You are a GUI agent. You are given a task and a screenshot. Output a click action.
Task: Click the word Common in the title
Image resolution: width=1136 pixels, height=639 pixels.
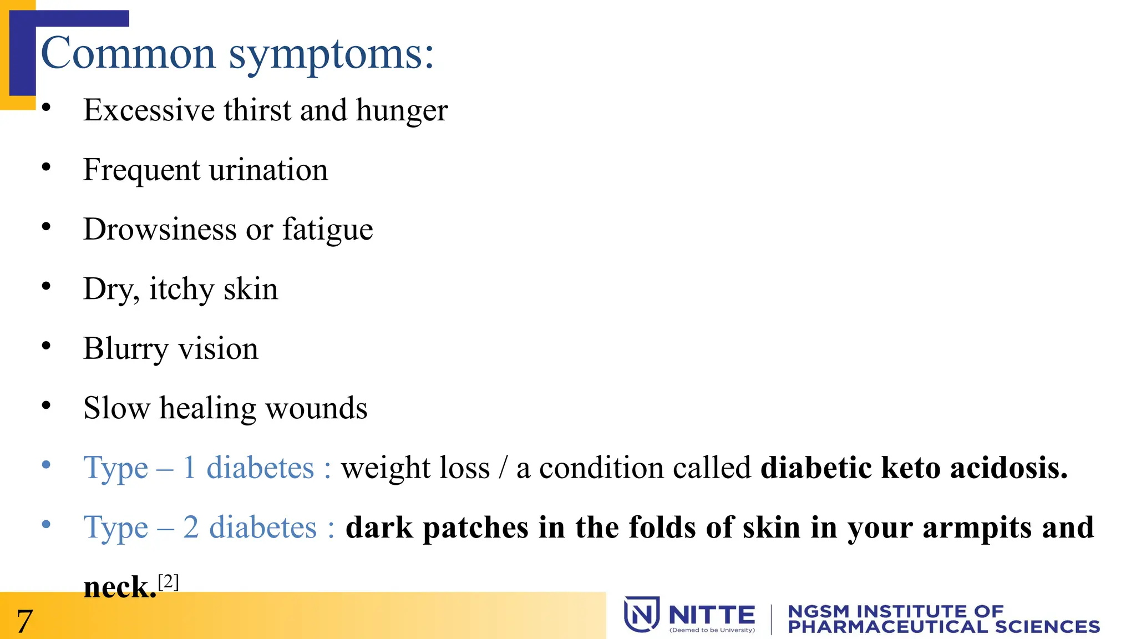[x=128, y=54]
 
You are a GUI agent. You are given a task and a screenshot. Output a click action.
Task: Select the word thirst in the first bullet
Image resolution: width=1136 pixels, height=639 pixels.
[x=257, y=110]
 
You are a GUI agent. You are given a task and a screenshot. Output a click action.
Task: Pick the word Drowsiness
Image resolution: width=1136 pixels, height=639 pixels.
[x=160, y=229]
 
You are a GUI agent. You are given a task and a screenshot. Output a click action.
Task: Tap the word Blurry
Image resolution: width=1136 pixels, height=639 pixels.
[x=125, y=349]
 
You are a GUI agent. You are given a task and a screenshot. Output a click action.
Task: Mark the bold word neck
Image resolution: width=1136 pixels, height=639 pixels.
[x=120, y=587]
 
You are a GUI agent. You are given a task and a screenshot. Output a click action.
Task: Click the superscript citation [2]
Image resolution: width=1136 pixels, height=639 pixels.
[x=168, y=581]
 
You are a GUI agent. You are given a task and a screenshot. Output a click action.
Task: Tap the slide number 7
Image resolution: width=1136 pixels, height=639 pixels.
[x=24, y=621]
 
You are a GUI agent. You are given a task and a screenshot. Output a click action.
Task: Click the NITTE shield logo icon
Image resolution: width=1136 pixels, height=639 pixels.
[x=642, y=614]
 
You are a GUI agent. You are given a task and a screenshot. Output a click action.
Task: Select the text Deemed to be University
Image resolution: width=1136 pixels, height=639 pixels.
[x=712, y=630]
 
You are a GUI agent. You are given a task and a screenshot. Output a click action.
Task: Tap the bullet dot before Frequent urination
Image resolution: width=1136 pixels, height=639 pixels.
[x=47, y=166]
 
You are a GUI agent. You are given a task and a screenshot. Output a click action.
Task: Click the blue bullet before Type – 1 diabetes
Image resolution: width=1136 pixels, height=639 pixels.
[x=47, y=464]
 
